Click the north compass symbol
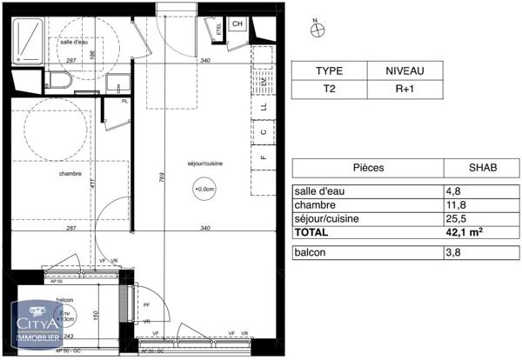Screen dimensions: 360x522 click(319, 29)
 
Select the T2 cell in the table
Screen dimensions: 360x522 click(328, 89)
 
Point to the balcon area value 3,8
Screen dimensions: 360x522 click(452, 253)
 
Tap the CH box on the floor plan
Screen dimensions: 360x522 click(237, 24)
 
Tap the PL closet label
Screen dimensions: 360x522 click(126, 101)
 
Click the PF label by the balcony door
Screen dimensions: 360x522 click(145, 305)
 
